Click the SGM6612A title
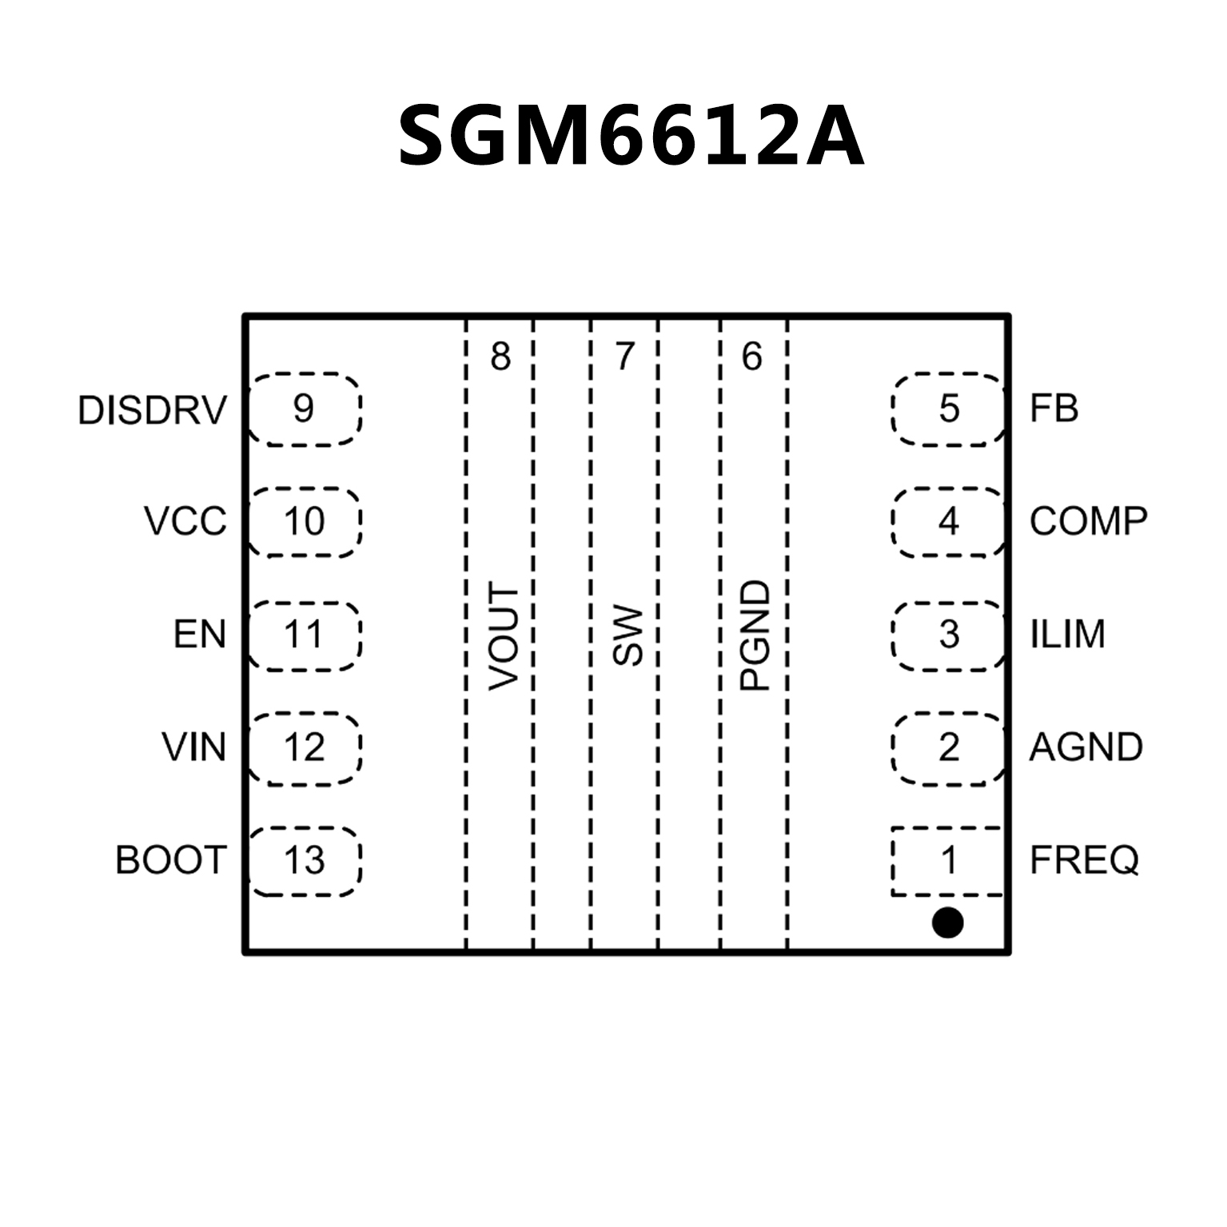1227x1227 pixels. tap(631, 136)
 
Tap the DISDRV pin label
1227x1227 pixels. tap(152, 410)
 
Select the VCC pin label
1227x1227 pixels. tap(185, 521)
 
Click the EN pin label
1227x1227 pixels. tap(200, 635)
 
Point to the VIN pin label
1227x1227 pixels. tap(194, 747)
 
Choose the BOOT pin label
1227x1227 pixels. tap(171, 860)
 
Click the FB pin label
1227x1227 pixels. tap(1054, 408)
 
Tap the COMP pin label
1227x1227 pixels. tap(1088, 521)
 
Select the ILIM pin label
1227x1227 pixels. tap(1067, 635)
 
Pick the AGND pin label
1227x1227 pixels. tap(1086, 747)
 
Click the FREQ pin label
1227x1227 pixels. tap(1083, 860)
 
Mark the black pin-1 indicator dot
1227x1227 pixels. tap(947, 922)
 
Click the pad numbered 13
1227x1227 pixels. tap(305, 861)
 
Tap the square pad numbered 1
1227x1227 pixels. tap(947, 861)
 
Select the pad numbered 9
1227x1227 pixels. tap(305, 408)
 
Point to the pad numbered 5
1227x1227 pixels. tap(948, 408)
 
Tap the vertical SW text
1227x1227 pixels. tap(628, 636)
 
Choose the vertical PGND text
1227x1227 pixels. tap(755, 636)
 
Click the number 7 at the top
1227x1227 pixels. tap(624, 356)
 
